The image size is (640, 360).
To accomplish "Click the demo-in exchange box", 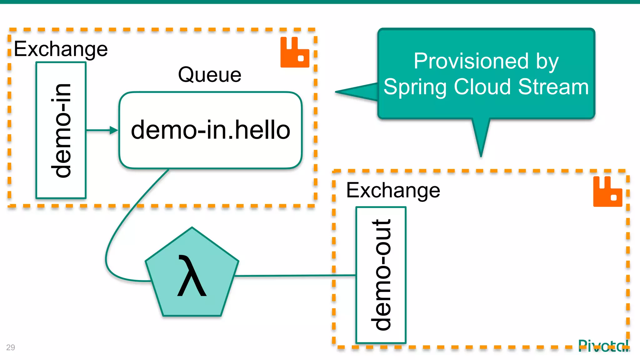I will [61, 130].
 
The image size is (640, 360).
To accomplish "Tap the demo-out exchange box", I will [381, 275].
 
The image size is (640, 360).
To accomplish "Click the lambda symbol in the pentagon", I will [192, 276].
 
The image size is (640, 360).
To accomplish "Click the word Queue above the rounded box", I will [210, 75].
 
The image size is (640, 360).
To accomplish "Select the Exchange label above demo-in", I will [61, 49].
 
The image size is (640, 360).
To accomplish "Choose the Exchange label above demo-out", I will [393, 190].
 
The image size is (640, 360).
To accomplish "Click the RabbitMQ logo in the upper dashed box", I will [295, 52].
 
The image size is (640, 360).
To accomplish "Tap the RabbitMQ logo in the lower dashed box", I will [607, 192].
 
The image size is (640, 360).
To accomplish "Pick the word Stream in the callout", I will [553, 87].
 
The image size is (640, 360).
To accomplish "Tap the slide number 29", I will [10, 347].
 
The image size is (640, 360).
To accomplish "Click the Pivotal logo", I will [603, 346].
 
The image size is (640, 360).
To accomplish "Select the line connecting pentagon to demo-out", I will [295, 276].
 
